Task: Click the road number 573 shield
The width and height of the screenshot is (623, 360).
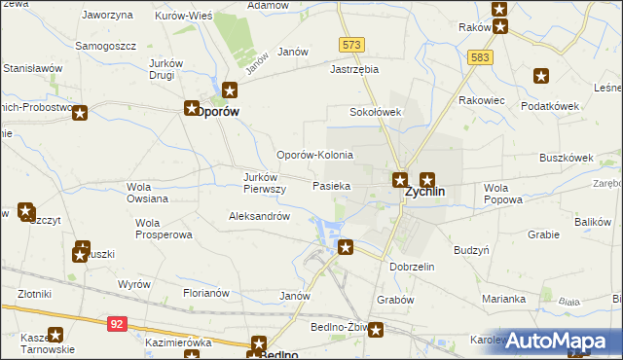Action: (x=351, y=46)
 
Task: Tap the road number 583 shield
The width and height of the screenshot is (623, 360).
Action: (x=477, y=57)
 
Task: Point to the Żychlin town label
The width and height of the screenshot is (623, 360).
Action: (x=424, y=192)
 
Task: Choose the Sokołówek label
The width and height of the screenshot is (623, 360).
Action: (x=376, y=112)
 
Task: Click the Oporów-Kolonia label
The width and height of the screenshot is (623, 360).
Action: (x=314, y=155)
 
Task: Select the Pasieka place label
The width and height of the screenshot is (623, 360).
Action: (x=332, y=185)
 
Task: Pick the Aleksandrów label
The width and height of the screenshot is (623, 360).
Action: (x=259, y=216)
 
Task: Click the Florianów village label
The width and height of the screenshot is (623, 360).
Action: (x=205, y=292)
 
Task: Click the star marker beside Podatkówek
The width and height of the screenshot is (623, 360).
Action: (x=541, y=76)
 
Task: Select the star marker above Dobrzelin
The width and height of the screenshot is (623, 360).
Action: (x=345, y=248)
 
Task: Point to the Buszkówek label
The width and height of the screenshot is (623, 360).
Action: (x=566, y=157)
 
